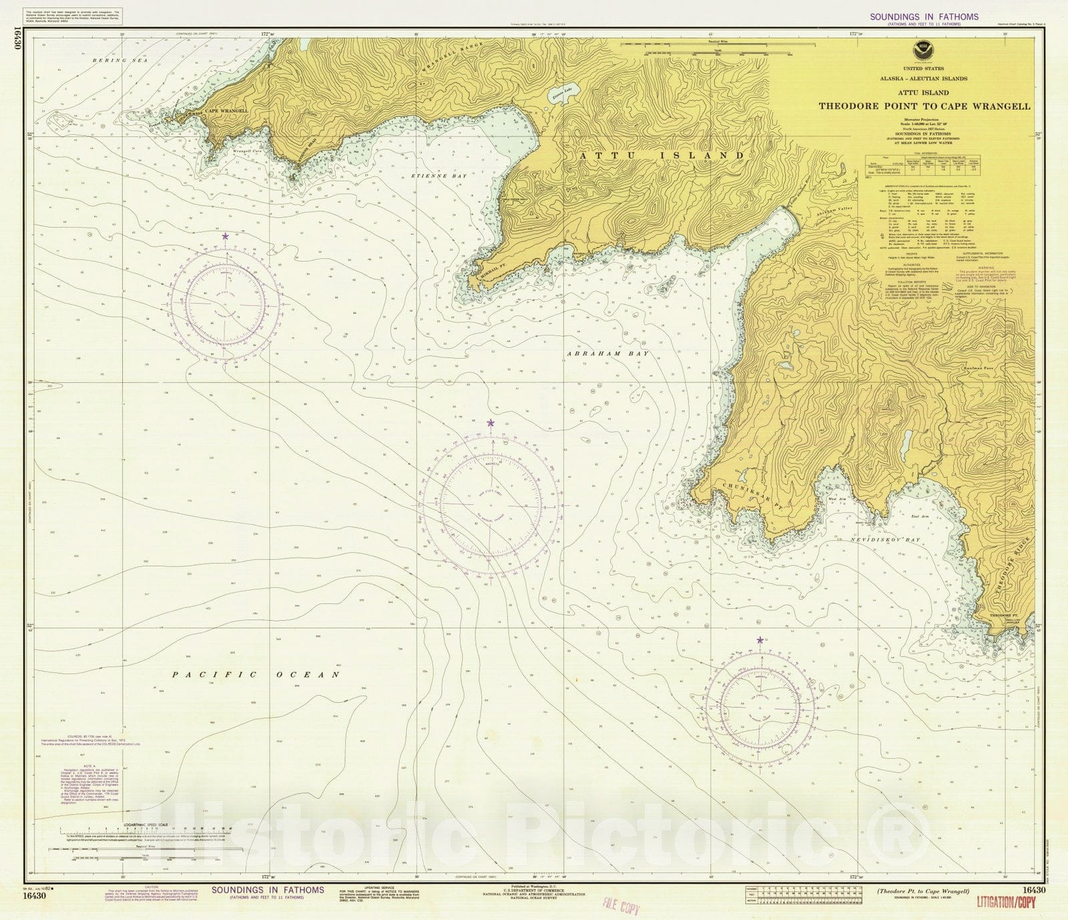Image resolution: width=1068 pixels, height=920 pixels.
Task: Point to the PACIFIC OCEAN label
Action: tap(256, 675)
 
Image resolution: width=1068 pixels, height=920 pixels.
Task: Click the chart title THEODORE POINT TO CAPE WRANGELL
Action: tap(924, 106)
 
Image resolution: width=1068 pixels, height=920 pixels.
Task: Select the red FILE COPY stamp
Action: tap(621, 907)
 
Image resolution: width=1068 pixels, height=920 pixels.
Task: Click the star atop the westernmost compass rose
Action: tap(226, 236)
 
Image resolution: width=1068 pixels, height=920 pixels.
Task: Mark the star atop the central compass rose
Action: tap(491, 423)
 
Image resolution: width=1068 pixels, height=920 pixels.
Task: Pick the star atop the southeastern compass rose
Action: tap(760, 640)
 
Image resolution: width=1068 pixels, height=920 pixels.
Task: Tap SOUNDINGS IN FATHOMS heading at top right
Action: tap(924, 17)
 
